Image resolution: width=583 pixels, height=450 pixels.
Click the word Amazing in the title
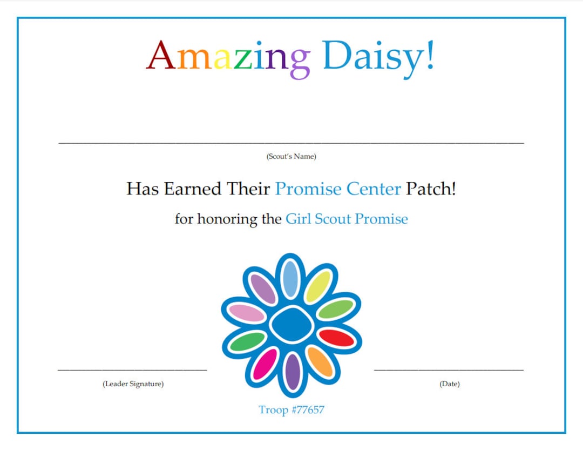pos(228,57)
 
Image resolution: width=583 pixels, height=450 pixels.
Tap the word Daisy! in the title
pos(378,57)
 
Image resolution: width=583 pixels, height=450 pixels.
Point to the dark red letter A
pos(160,56)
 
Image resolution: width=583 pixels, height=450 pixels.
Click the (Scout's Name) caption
pos(291,157)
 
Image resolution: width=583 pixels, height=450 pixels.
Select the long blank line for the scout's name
pos(291,143)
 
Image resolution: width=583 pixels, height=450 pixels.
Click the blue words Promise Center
pos(338,189)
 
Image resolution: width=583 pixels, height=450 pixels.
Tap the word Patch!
pos(431,189)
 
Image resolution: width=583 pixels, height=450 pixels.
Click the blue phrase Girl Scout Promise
pos(347,219)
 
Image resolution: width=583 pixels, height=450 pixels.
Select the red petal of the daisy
pos(336,338)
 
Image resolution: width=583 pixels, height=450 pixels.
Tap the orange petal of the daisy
pos(320,361)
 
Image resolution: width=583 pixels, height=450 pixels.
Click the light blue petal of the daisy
pos(290,278)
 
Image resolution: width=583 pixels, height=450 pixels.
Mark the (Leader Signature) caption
pos(133,384)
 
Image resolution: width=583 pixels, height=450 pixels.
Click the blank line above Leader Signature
pos(132,370)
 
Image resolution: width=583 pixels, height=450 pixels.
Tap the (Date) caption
pos(449,384)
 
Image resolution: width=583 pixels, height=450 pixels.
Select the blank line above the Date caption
pos(449,370)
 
